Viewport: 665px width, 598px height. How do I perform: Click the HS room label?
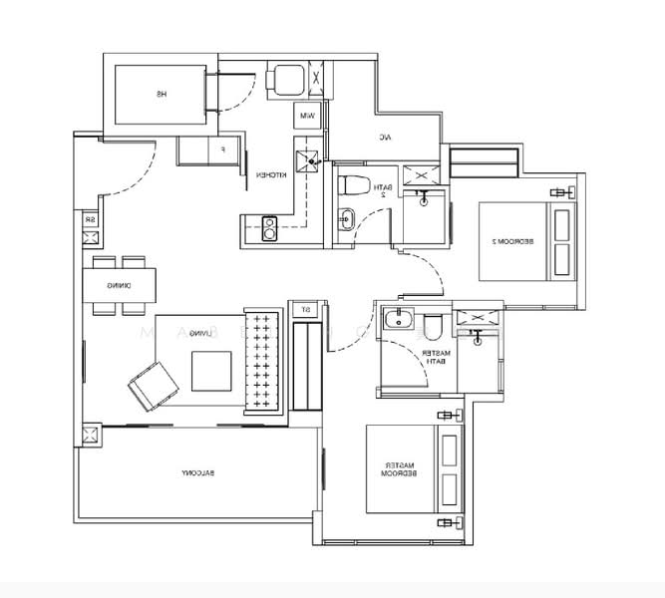(x=160, y=95)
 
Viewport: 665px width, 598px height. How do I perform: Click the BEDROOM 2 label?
(x=496, y=241)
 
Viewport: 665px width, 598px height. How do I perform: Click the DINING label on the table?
(x=122, y=287)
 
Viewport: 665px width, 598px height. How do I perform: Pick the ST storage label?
(x=306, y=310)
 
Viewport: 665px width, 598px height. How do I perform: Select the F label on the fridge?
(x=222, y=151)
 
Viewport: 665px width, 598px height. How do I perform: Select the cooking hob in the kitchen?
(x=269, y=228)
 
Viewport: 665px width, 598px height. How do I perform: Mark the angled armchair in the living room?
(x=148, y=385)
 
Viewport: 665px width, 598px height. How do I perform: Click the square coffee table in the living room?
(x=212, y=372)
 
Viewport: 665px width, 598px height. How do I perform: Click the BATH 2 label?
(x=380, y=190)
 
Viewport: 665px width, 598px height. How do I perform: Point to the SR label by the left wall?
(x=91, y=219)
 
